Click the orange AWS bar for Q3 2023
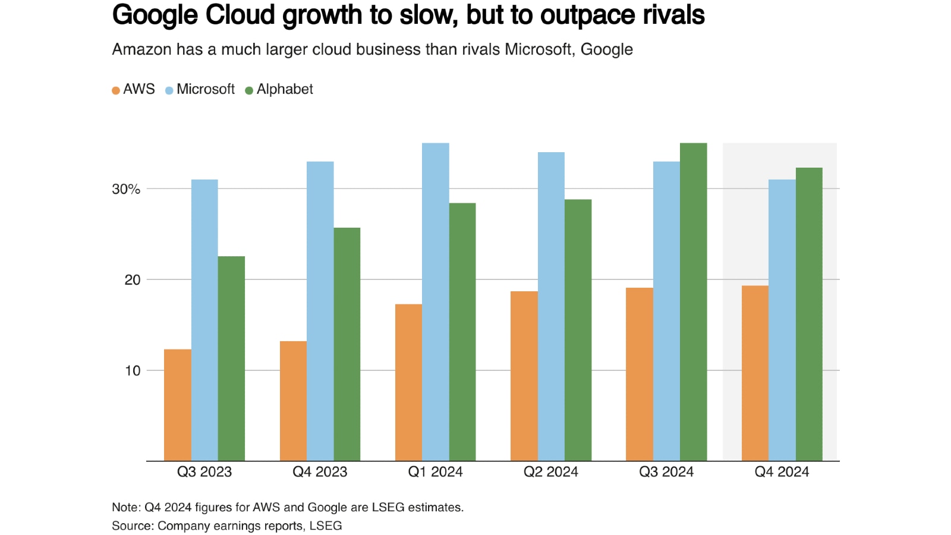point(177,405)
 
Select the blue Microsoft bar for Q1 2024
point(435,301)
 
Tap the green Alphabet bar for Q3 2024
point(693,301)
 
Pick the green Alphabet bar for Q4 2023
point(347,344)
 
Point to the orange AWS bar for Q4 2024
point(755,373)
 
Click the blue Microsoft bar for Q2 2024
point(551,306)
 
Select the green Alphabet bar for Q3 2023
point(231,358)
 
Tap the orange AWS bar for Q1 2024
point(408,382)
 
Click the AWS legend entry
point(134,90)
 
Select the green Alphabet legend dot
point(249,90)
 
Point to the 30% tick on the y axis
point(126,189)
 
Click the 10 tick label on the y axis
point(132,371)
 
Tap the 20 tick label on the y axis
point(132,280)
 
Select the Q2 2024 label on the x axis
point(550,472)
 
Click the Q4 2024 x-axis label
point(782,472)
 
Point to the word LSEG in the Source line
point(326,526)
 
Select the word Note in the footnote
point(124,508)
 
